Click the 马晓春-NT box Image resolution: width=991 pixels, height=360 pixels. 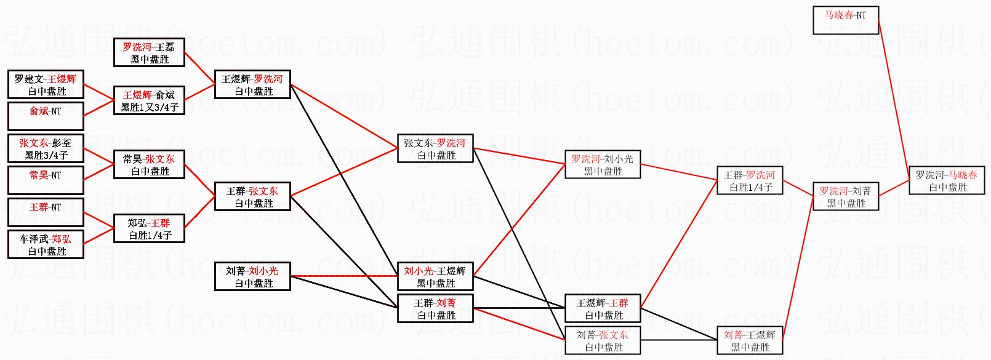845,20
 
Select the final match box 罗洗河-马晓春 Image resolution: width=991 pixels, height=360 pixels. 946,181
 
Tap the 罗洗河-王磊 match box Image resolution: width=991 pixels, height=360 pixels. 149,53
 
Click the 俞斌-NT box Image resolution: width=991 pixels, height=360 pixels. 46,117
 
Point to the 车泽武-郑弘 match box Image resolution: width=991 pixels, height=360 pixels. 46,245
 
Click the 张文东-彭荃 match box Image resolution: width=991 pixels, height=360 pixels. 46,149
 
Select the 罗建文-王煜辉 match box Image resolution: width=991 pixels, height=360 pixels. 46,85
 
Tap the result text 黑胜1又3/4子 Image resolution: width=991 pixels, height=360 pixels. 150,108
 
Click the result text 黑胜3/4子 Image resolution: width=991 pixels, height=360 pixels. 46,156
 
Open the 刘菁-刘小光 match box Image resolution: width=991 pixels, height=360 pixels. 252,277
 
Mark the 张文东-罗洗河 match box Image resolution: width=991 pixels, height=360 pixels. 435,149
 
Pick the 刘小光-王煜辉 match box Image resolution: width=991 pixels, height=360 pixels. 435,277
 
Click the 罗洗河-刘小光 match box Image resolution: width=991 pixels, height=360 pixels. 603,165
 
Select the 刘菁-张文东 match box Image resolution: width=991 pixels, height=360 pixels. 603,341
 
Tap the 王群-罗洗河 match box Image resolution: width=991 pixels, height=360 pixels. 749,181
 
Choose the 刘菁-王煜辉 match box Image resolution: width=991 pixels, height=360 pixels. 749,341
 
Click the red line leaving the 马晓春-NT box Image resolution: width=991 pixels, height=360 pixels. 893,92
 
